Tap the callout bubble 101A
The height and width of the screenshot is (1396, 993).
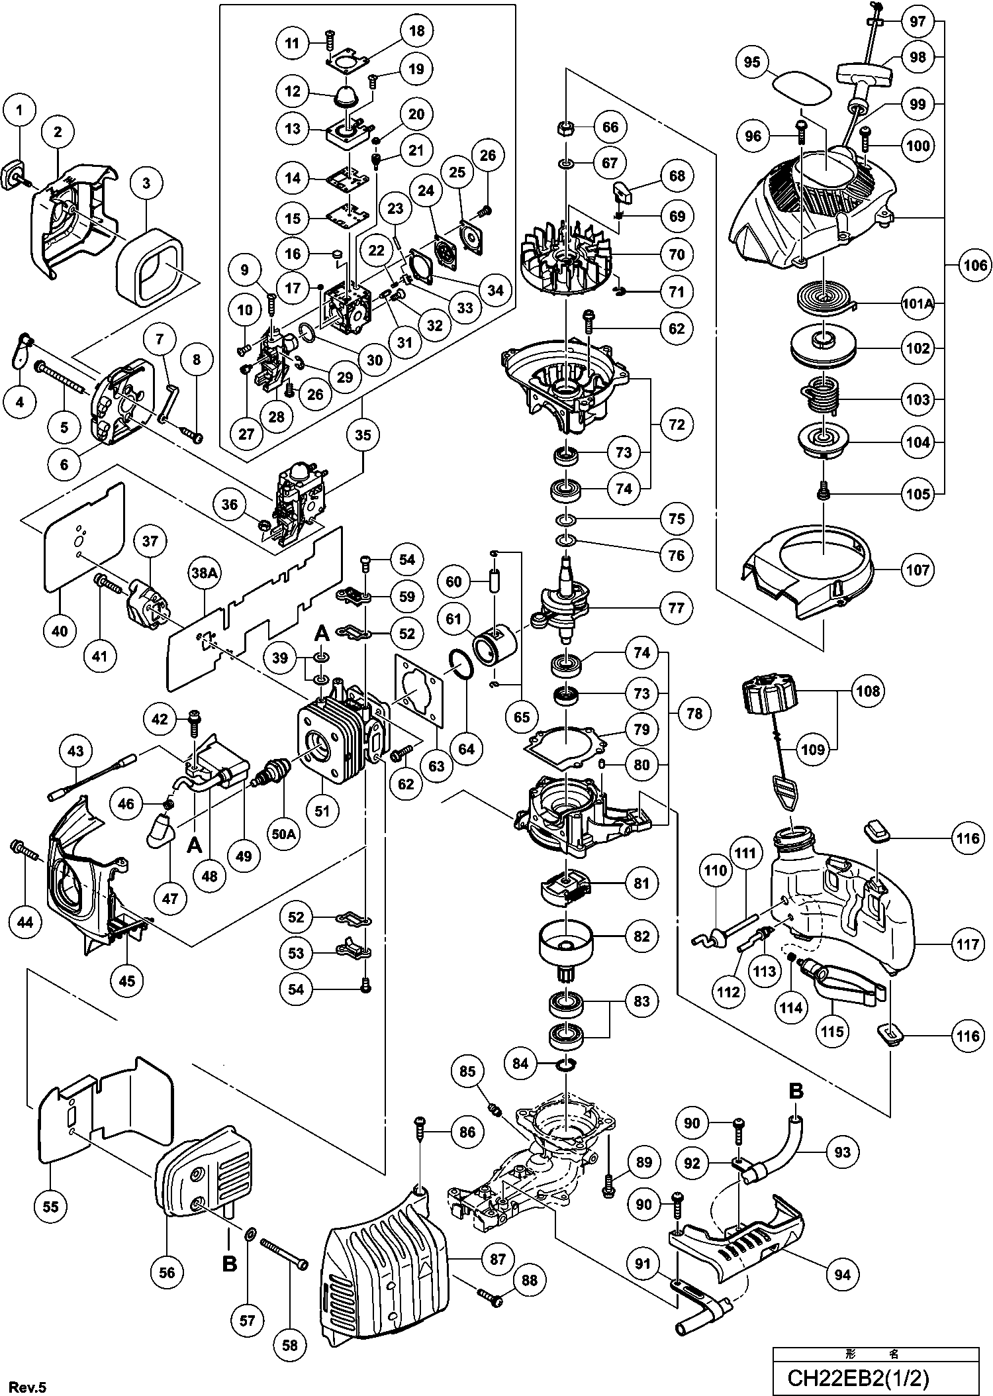918,304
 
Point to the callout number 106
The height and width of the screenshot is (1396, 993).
974,266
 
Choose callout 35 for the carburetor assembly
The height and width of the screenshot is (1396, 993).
363,435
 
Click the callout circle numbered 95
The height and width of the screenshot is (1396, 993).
753,62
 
